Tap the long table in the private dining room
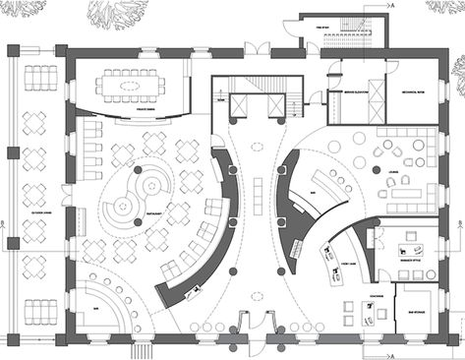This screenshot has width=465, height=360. tap(130, 86)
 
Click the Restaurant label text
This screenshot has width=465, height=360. tap(176, 208)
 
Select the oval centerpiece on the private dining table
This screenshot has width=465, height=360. tap(130, 86)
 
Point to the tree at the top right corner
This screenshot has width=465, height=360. tap(446, 8)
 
